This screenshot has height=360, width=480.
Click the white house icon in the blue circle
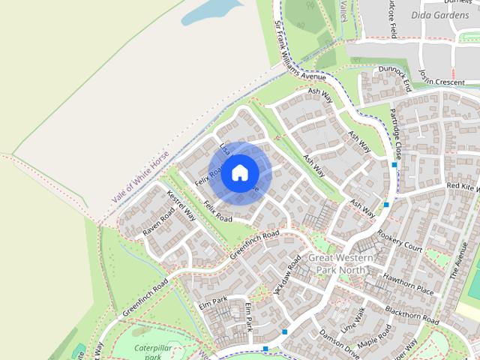pyautogui.click(x=239, y=172)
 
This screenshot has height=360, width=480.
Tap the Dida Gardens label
pyautogui.click(x=439, y=14)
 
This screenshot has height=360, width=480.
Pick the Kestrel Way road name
pyautogui.click(x=181, y=205)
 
